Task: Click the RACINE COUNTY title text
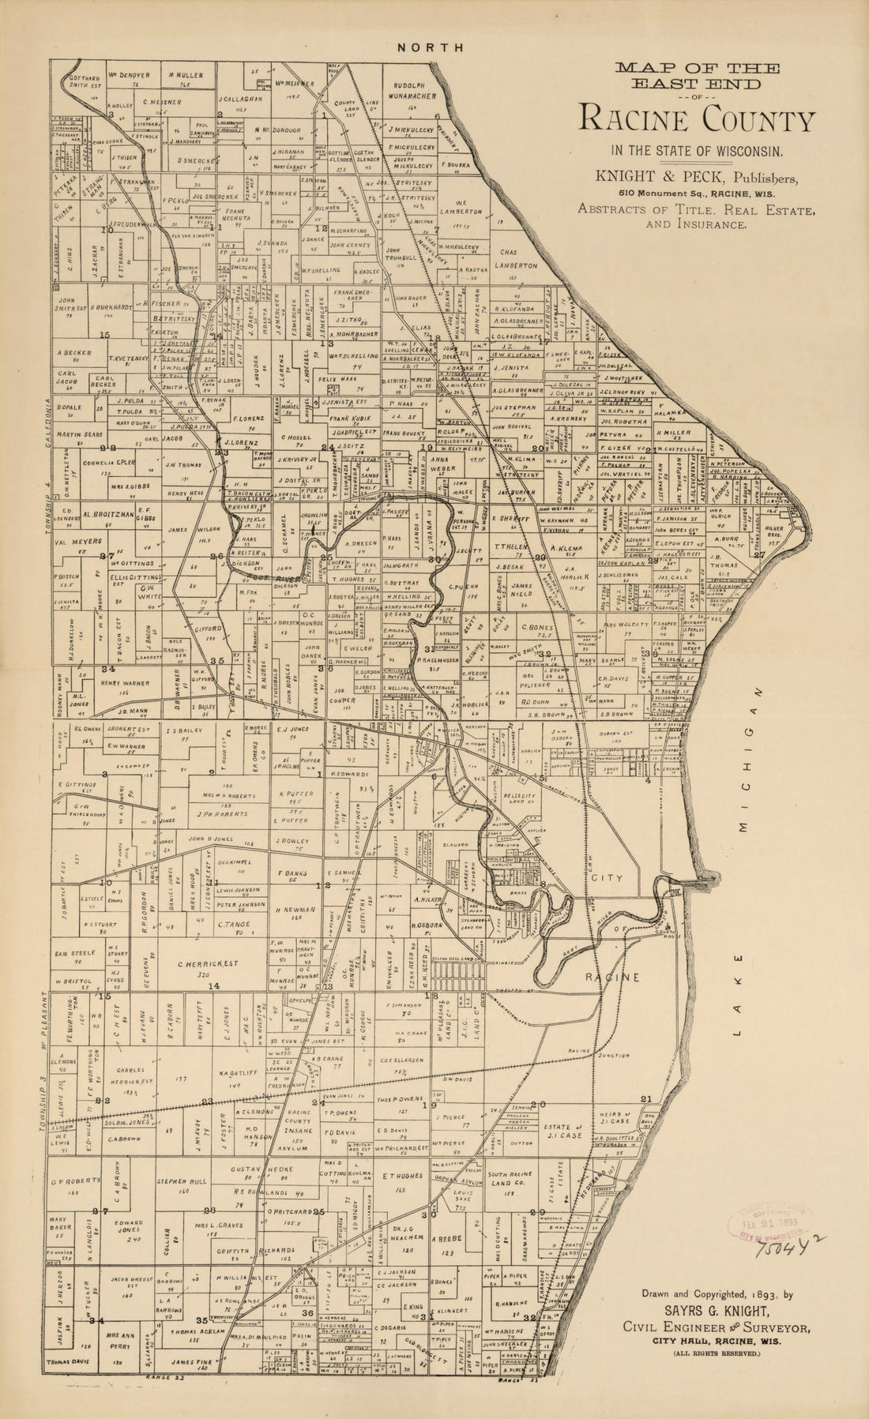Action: point(697,120)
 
